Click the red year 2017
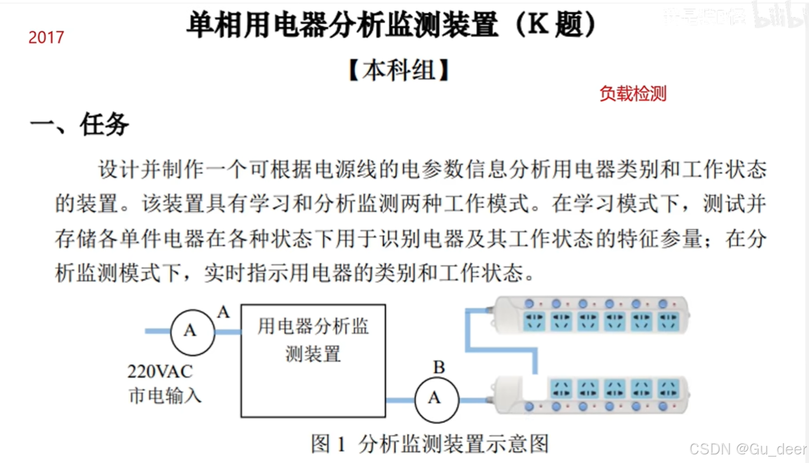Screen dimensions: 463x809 pyautogui.click(x=46, y=37)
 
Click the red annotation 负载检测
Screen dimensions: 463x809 pyautogui.click(x=633, y=93)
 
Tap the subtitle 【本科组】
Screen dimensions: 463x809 pyautogui.click(x=399, y=70)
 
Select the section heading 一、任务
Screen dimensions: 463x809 pyautogui.click(x=80, y=125)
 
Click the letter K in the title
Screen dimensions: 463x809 pyautogui.click(x=538, y=25)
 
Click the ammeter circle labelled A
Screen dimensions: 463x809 pyautogui.click(x=192, y=331)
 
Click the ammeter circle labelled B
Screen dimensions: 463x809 pyautogui.click(x=436, y=399)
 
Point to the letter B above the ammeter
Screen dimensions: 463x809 pyautogui.click(x=439, y=367)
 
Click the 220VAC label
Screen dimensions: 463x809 pyautogui.click(x=160, y=372)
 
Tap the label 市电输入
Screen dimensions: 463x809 pyautogui.click(x=165, y=396)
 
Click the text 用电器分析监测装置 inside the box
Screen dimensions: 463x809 pyautogui.click(x=313, y=339)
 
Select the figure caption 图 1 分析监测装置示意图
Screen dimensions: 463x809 pyautogui.click(x=430, y=444)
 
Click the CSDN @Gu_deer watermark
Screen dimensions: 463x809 pyautogui.click(x=748, y=449)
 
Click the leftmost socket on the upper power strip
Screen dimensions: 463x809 pyautogui.click(x=534, y=321)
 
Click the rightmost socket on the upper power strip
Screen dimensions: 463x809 pyautogui.click(x=668, y=321)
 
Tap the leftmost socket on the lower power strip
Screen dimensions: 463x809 pyautogui.click(x=561, y=388)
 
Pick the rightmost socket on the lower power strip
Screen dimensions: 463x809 pyautogui.click(x=669, y=388)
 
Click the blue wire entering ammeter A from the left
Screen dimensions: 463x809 pyautogui.click(x=157, y=331)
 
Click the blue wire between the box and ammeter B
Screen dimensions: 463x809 pyautogui.click(x=400, y=400)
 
